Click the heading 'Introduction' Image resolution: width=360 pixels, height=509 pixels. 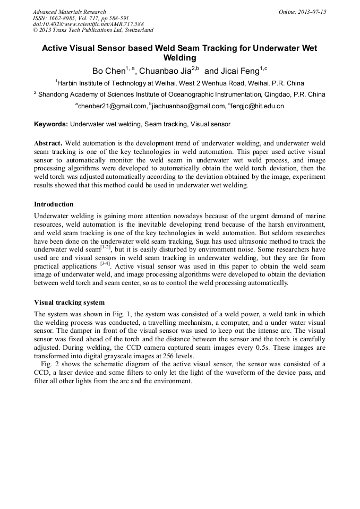tap(54, 204)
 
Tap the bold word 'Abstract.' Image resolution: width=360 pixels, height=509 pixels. tap(49, 144)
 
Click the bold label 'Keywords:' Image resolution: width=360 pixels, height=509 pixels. tap(51, 124)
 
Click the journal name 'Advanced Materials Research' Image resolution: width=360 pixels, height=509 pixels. tap(70, 12)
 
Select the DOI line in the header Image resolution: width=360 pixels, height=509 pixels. tap(88, 24)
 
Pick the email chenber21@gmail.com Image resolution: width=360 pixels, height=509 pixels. tap(112, 106)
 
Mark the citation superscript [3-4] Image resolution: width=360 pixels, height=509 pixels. tap(105, 263)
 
